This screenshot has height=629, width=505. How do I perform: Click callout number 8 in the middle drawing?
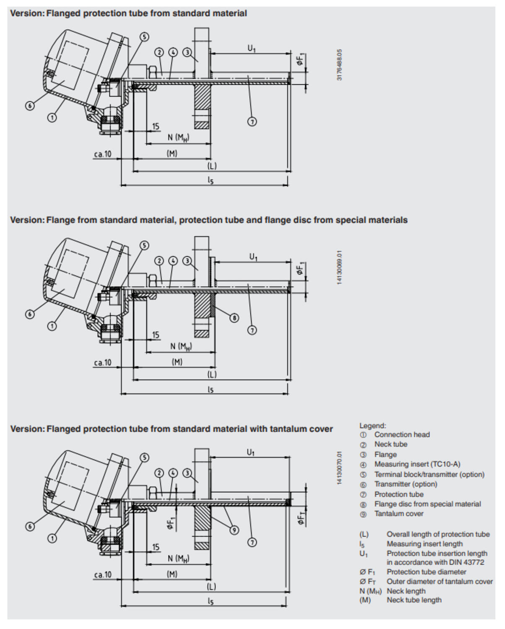tap(234, 318)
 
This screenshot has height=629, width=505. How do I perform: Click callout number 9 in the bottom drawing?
tap(234, 530)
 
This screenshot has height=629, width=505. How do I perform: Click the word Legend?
tap(372, 426)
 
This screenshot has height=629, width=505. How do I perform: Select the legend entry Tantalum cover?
tap(398, 514)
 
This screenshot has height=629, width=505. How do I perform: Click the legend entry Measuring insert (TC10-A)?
tap(417, 464)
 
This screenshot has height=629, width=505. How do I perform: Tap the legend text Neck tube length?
tap(414, 600)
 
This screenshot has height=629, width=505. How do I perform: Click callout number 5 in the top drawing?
tap(144, 37)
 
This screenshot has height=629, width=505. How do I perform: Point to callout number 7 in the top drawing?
tap(252, 122)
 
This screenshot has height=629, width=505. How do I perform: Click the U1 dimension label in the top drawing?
tap(251, 48)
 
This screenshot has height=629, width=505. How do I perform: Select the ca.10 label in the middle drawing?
tap(103, 362)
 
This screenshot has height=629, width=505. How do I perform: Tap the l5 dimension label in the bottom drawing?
tap(211, 601)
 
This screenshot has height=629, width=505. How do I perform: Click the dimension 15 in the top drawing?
tap(156, 126)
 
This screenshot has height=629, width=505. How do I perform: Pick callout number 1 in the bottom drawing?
tap(52, 538)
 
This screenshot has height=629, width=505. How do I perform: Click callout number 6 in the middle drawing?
tap(30, 314)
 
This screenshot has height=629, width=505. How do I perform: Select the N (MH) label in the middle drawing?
tap(181, 346)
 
